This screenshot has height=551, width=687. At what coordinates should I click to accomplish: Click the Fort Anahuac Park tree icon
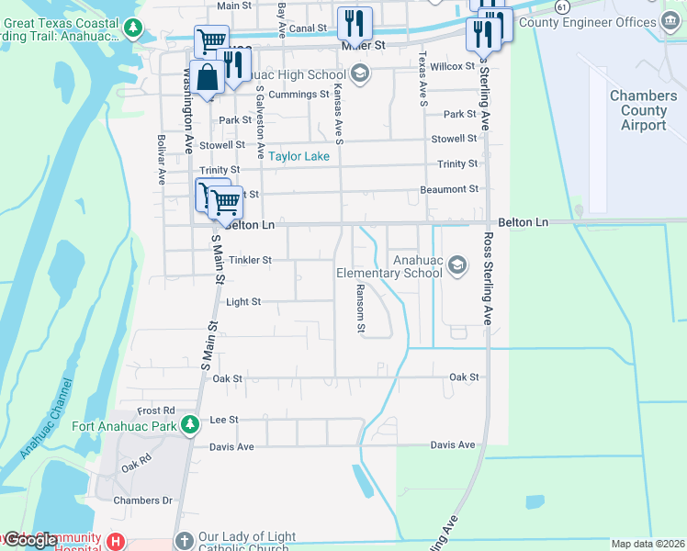tap(190, 425)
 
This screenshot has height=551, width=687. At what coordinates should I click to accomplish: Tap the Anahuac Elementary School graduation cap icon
tap(457, 266)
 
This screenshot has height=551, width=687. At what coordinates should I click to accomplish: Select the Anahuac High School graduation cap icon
tap(359, 74)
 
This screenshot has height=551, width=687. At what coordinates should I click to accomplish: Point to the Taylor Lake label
tap(298, 156)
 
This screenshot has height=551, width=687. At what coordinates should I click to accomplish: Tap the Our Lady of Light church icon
tap(184, 542)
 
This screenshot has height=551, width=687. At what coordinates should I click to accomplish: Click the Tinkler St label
tap(250, 260)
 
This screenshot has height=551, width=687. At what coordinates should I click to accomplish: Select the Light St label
tap(243, 301)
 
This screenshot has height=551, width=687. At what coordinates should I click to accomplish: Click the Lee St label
tap(224, 419)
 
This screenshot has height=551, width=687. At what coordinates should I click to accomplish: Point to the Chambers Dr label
tap(142, 500)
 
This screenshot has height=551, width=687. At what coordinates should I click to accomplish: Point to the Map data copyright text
tap(648, 544)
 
